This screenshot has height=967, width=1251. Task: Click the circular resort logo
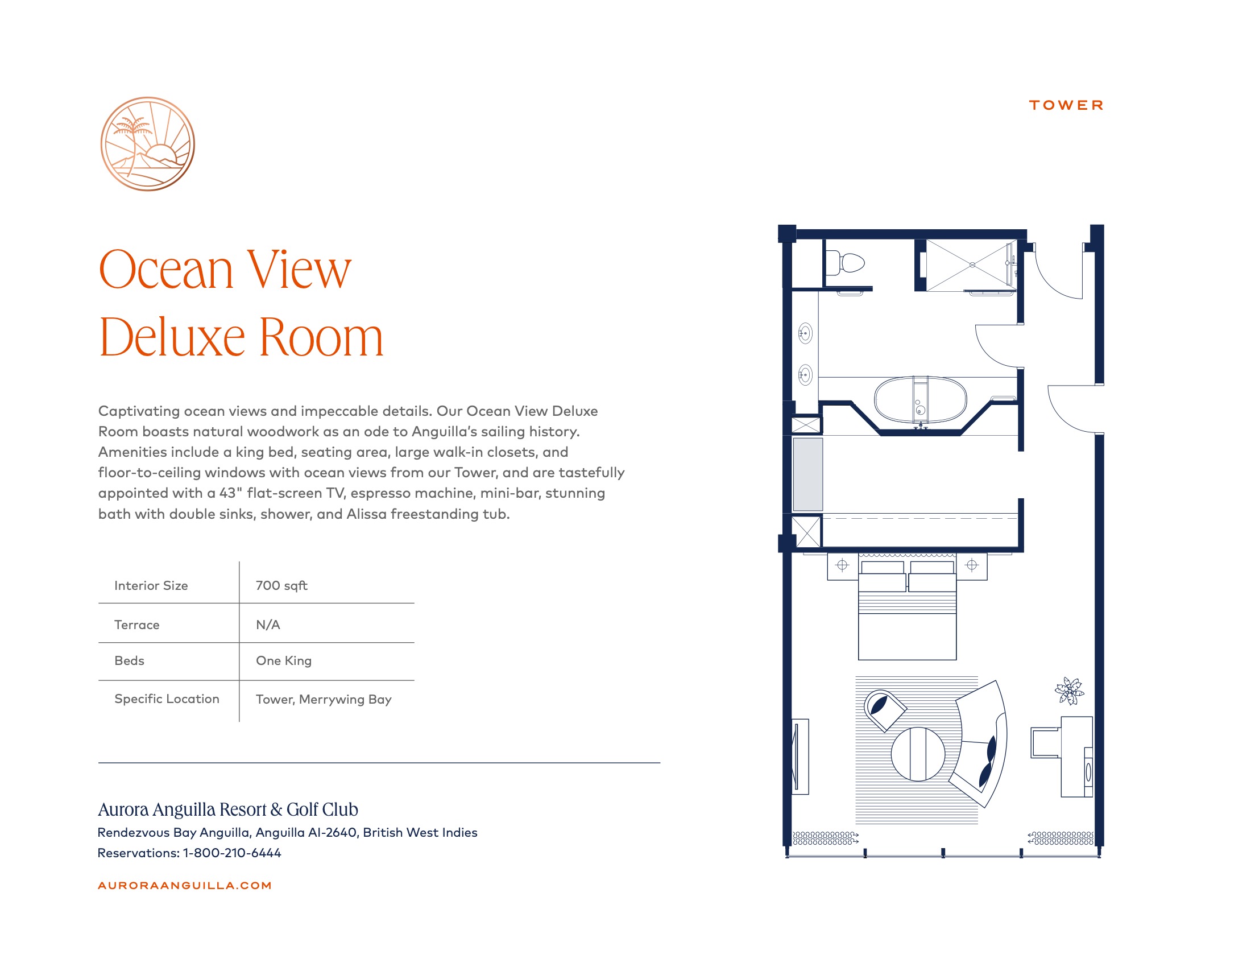click(148, 144)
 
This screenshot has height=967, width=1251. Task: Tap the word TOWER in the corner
click(1066, 105)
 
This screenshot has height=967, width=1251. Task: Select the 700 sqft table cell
click(281, 585)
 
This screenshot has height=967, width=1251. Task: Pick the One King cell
click(284, 660)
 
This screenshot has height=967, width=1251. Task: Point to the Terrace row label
click(137, 625)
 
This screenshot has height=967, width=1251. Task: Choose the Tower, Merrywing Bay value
click(324, 700)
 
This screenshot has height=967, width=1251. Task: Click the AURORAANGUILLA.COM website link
click(184, 886)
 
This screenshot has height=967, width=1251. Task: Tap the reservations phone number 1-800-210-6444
click(232, 853)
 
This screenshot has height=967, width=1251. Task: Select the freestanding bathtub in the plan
click(921, 400)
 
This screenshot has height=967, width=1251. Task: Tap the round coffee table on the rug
click(918, 754)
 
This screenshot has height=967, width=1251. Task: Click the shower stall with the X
click(971, 265)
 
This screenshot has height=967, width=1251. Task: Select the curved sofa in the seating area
click(981, 743)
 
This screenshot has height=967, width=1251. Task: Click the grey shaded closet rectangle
click(807, 474)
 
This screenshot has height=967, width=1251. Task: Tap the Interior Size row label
click(151, 585)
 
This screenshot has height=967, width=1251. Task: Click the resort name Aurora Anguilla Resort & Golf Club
click(228, 809)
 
